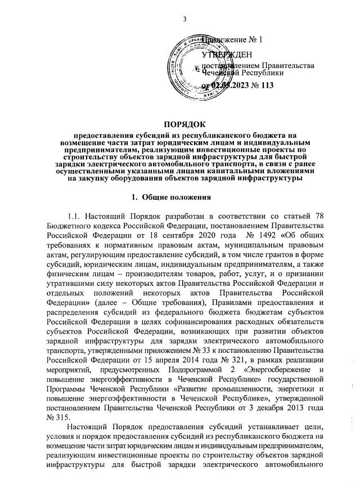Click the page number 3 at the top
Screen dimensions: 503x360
click(184, 21)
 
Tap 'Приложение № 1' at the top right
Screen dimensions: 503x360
click(236, 39)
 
